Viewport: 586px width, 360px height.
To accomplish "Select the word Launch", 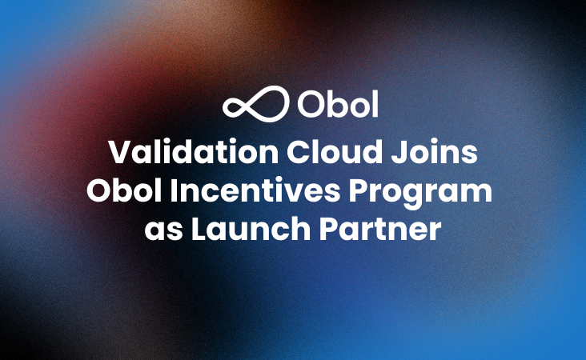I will click(244, 230).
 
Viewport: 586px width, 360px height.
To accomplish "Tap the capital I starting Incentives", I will click(182, 191).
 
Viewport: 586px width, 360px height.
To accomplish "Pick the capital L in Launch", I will click(197, 230).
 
